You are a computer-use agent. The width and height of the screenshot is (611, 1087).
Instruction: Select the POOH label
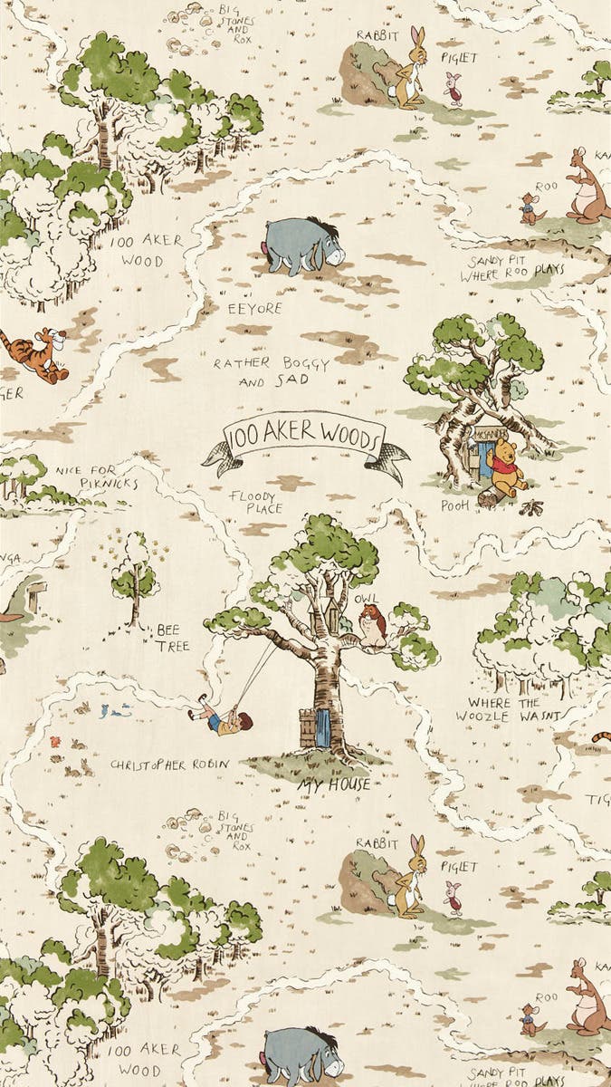[455, 505]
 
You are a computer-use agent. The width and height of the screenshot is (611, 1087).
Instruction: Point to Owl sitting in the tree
[371, 625]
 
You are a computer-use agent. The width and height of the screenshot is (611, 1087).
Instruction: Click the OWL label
[367, 600]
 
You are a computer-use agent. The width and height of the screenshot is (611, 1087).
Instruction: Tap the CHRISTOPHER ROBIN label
[169, 765]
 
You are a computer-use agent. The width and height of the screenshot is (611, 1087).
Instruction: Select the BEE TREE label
[172, 637]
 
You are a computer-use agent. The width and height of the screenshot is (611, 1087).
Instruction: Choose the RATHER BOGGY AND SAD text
[261, 371]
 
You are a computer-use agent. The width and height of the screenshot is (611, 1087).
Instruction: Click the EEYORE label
[254, 309]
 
